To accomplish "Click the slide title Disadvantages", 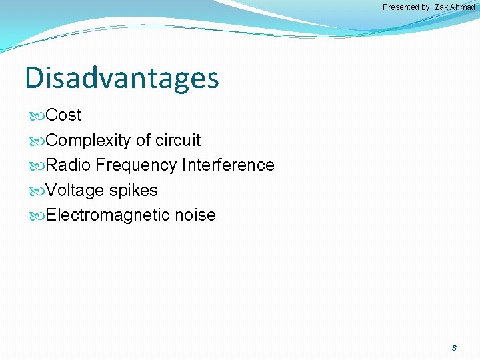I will (121, 78).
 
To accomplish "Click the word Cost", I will (64, 115).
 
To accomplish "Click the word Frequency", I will (136, 165).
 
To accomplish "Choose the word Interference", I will (228, 165).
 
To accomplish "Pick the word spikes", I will (133, 191).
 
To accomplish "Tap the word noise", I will (195, 215).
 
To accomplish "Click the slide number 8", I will (454, 347).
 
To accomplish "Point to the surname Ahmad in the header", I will (462, 7).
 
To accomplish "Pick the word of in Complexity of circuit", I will (143, 140).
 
